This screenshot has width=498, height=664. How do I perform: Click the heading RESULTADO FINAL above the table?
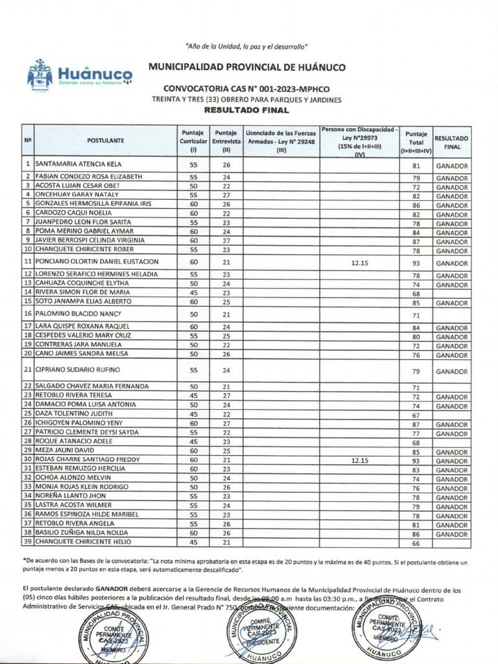(x=246, y=111)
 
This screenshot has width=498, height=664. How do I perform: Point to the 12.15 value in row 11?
(x=359, y=262)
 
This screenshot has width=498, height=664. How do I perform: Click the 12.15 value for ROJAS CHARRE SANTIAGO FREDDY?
(x=359, y=460)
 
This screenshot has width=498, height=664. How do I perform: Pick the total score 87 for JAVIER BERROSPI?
(x=416, y=241)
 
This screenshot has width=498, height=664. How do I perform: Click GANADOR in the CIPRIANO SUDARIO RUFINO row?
(x=451, y=372)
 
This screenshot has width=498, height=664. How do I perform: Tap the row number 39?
(x=28, y=541)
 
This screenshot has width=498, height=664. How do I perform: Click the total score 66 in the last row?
(x=416, y=543)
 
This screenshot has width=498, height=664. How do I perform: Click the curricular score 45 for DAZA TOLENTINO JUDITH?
(x=193, y=414)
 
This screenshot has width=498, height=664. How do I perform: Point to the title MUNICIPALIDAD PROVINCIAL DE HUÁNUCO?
(x=247, y=67)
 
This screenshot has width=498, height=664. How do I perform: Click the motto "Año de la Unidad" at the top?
(x=246, y=46)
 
